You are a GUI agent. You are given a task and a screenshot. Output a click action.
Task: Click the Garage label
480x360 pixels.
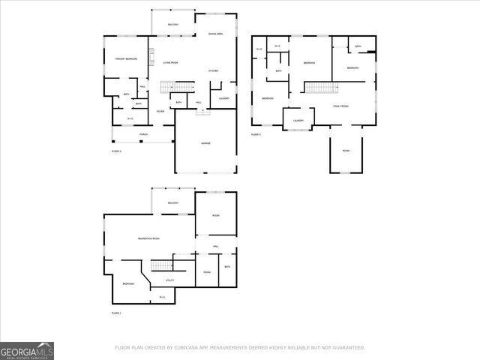[x=205, y=143]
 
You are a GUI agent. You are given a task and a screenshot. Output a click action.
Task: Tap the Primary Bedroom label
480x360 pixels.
[x=126, y=58]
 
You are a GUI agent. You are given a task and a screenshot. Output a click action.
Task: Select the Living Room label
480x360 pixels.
[x=171, y=63]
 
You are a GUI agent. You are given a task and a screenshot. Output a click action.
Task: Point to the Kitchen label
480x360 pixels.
[x=213, y=71]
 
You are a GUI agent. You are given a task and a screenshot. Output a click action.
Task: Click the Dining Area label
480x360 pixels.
[x=216, y=34]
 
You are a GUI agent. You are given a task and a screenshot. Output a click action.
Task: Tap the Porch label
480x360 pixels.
[x=143, y=136]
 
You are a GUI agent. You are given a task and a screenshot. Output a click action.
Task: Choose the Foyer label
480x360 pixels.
[x=160, y=112]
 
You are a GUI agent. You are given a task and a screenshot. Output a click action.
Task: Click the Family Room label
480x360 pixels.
[x=342, y=106]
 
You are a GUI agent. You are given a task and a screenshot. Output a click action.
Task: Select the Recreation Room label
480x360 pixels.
[x=148, y=238]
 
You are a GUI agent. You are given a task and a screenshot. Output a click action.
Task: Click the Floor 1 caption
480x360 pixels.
[x=116, y=313]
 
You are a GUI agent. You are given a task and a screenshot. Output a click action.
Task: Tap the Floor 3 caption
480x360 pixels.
[x=256, y=134]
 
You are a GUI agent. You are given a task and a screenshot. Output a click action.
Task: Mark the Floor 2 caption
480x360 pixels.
[x=116, y=151]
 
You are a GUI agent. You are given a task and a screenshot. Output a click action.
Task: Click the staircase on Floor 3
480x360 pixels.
[x=320, y=87]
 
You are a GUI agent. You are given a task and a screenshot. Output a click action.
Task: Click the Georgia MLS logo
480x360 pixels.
[x=27, y=350]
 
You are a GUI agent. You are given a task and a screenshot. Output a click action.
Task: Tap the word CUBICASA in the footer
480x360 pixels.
[x=184, y=348]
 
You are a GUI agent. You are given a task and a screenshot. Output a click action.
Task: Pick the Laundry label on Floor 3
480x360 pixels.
[x=298, y=119]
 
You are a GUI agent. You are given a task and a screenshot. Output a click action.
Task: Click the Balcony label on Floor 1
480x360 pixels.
[x=173, y=203]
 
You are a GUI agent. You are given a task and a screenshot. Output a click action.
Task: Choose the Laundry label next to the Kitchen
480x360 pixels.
[x=223, y=98]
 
